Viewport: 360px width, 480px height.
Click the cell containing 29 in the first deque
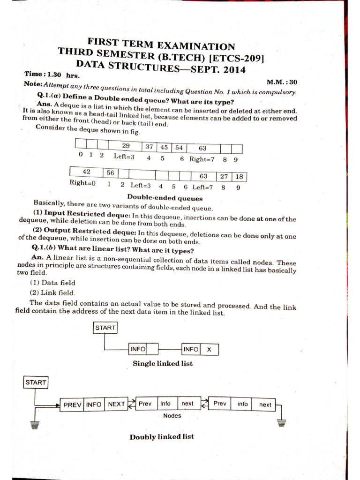point(126,146)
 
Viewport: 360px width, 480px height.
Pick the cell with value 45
point(164,147)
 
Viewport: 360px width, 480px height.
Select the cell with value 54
point(179,148)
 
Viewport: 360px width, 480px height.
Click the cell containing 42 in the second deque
point(86,172)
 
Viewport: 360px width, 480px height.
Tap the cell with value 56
point(110,173)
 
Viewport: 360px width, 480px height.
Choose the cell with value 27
point(224,176)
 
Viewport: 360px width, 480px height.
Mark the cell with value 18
point(239,177)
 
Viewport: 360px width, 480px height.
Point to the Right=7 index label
point(202,159)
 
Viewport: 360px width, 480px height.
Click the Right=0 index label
point(82,183)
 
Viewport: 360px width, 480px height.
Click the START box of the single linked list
point(105,328)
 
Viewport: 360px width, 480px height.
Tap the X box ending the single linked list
point(209,349)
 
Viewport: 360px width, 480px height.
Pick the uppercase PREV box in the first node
point(72,404)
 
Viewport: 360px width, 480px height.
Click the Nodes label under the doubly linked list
point(172,415)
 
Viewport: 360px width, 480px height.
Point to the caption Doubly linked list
point(162,436)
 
